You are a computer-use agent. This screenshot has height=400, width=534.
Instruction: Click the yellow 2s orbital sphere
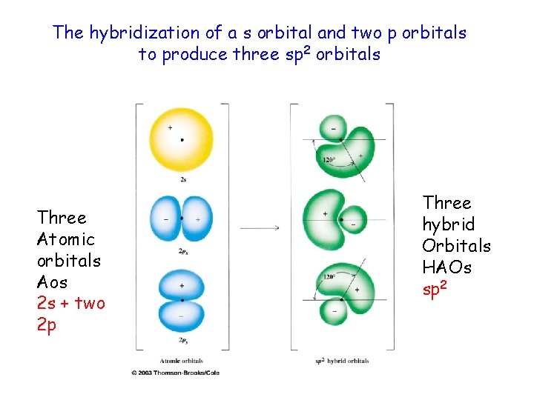click(x=182, y=139)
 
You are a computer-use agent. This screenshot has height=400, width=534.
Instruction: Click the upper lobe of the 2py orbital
click(x=182, y=284)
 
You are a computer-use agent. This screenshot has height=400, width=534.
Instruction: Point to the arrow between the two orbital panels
click(x=260, y=227)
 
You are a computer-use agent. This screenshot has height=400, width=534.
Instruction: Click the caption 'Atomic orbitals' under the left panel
click(x=182, y=361)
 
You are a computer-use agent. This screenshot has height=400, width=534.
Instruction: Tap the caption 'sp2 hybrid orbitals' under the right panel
click(x=342, y=361)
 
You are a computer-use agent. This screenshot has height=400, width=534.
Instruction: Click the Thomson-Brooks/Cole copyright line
click(x=175, y=373)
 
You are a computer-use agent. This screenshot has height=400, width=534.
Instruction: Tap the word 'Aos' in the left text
click(x=52, y=282)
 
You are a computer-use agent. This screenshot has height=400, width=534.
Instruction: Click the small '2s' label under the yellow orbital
click(x=182, y=179)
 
